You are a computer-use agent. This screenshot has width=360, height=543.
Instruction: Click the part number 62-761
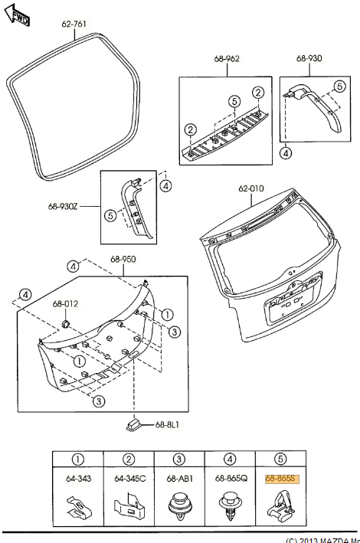(x=74, y=24)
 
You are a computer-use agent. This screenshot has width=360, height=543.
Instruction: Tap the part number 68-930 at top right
(x=309, y=58)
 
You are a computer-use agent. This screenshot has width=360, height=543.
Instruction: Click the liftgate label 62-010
(x=250, y=187)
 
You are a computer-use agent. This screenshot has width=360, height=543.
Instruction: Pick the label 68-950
(x=123, y=259)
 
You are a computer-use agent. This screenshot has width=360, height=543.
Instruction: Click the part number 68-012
(x=65, y=304)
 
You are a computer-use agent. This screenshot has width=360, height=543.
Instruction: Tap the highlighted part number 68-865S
(x=280, y=478)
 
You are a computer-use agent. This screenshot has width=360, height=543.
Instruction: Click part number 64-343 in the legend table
(x=77, y=479)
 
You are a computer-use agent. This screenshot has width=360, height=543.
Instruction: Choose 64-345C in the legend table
(x=129, y=479)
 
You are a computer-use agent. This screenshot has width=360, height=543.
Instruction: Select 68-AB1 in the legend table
(x=179, y=479)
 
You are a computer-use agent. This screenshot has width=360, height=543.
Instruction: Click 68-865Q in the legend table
(x=230, y=479)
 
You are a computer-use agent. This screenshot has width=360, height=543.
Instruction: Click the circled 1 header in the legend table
(x=77, y=460)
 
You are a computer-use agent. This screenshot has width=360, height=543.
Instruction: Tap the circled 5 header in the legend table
(x=280, y=460)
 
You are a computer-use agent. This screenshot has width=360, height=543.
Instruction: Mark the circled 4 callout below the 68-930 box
(x=285, y=153)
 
